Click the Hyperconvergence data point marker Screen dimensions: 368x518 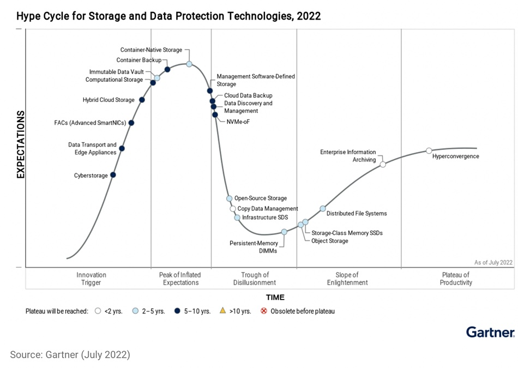coord(429,150)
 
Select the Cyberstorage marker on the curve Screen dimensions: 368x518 coord(113,175)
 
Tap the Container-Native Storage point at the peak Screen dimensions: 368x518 coord(189,64)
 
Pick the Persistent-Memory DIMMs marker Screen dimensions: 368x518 coord(284,232)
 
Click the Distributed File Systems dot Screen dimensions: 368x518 coord(323,209)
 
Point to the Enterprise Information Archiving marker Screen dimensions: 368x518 coord(383,164)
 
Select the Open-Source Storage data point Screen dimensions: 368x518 coord(230,198)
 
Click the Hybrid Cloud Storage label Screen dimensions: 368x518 coord(109,100)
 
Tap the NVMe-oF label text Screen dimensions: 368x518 coord(238,122)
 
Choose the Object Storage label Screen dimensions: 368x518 coord(329,241)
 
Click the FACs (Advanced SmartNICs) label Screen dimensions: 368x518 coord(90,123)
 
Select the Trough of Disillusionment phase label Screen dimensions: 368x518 coord(255,279)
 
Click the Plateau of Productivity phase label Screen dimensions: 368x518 coord(456,279)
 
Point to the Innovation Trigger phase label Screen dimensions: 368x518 coord(91,279)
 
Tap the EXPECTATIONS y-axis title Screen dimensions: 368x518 coord(21,144)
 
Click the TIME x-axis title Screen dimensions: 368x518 coord(275,298)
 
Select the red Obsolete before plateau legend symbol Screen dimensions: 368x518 coord(264,311)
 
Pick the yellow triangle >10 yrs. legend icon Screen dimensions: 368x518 coord(222,311)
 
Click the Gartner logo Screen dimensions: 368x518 coord(490,332)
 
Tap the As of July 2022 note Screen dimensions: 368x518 coord(493,262)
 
